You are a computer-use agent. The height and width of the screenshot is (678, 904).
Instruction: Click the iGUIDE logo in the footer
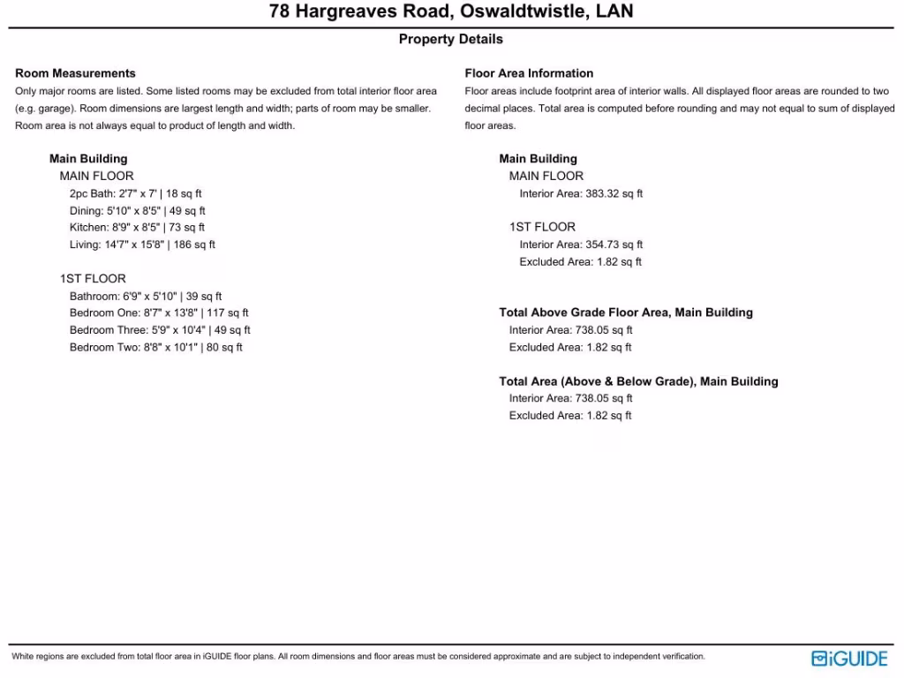pyautogui.click(x=849, y=658)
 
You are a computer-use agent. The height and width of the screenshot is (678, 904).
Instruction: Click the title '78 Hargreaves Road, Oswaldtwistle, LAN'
pyautogui.click(x=451, y=12)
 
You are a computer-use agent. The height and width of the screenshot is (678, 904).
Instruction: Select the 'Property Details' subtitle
pyautogui.click(x=451, y=39)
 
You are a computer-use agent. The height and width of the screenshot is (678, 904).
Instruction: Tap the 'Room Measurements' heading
pyautogui.click(x=75, y=73)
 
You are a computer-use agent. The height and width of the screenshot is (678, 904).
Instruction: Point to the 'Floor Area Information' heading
pyautogui.click(x=529, y=73)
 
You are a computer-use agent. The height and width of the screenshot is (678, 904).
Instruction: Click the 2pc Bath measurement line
pyautogui.click(x=136, y=193)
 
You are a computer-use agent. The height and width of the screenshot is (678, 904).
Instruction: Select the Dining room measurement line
pyautogui.click(x=138, y=211)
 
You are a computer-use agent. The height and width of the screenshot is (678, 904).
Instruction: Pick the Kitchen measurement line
pyautogui.click(x=138, y=228)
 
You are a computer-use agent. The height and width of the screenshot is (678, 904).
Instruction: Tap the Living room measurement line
pyautogui.click(x=142, y=245)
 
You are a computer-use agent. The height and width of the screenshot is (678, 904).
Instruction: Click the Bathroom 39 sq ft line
pyautogui.click(x=146, y=297)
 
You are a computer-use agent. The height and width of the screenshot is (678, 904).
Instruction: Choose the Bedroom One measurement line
pyautogui.click(x=159, y=313)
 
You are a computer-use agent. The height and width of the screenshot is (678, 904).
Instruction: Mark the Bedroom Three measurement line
pyautogui.click(x=160, y=330)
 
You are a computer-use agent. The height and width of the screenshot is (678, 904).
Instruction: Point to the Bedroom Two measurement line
pyautogui.click(x=156, y=347)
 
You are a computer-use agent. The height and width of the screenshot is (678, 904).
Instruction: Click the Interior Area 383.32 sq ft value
pyautogui.click(x=581, y=193)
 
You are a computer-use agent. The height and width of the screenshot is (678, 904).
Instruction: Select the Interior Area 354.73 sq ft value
pyautogui.click(x=581, y=245)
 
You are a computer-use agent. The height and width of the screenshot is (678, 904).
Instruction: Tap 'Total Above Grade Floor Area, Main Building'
pyautogui.click(x=626, y=313)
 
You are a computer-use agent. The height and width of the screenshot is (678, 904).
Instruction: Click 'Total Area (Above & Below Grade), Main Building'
pyautogui.click(x=638, y=381)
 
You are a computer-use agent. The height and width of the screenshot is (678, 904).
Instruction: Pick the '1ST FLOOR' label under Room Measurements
pyautogui.click(x=93, y=279)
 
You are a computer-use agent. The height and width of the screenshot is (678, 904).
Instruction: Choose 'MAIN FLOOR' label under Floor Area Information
pyautogui.click(x=546, y=176)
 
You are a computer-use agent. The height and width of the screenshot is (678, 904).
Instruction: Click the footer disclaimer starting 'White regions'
pyautogui.click(x=358, y=657)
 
